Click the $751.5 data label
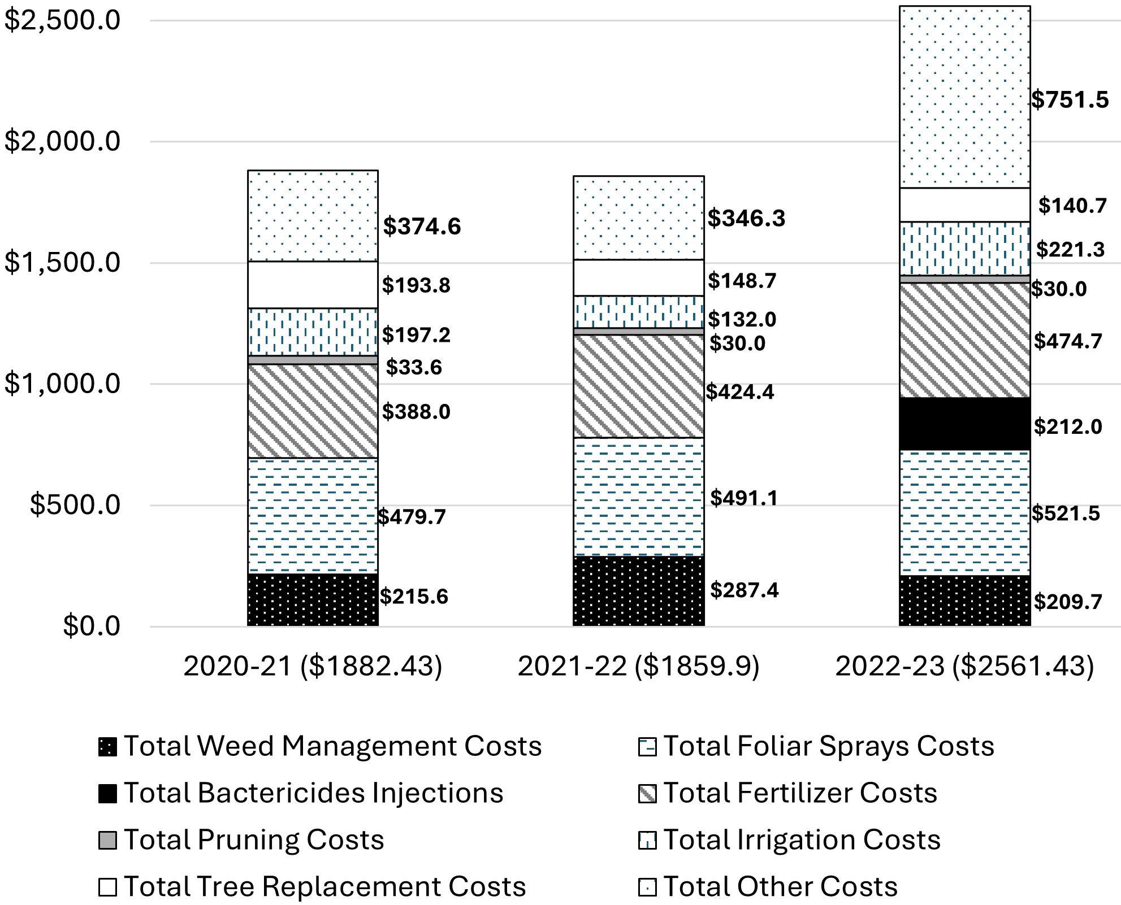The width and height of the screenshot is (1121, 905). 1070,100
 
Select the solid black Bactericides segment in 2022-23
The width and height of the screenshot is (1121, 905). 964,424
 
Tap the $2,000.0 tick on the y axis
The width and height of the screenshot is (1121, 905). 62,141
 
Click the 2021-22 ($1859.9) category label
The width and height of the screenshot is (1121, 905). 638,666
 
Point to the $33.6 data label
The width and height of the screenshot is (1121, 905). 414,368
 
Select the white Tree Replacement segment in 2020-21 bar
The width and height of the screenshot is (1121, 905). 313,285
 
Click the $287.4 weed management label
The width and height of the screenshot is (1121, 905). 744,590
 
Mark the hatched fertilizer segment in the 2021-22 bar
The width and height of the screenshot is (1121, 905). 638,386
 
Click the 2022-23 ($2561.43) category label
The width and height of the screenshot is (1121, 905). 964,666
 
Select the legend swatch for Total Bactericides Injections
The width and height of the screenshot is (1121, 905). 107,794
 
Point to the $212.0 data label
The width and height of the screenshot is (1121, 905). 1067,427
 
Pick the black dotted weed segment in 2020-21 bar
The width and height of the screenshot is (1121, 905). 313,600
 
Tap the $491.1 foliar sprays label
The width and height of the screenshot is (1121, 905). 744,498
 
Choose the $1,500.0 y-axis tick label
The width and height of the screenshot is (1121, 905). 62,263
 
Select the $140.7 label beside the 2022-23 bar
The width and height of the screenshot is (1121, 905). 1072,206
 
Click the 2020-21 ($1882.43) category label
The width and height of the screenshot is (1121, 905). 313,666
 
